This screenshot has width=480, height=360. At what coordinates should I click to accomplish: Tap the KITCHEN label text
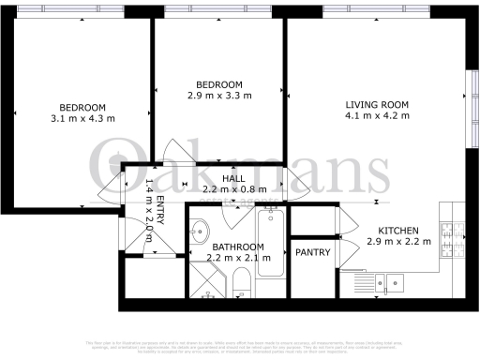(398, 231)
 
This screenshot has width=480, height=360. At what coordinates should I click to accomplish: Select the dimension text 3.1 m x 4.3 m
(82, 118)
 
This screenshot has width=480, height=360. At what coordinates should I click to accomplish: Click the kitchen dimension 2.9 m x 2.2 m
(398, 242)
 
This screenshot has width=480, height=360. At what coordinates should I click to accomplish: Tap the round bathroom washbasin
(199, 230)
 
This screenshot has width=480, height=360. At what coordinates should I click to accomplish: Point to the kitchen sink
(387, 279)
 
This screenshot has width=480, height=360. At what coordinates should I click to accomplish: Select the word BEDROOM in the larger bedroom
(82, 107)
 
